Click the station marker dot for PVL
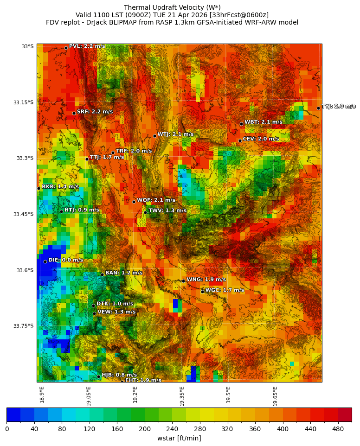(66, 48)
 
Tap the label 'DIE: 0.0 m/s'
(65, 260)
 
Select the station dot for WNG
(183, 281)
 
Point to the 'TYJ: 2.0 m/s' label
(339, 107)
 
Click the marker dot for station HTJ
(61, 211)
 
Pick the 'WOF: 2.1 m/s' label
(156, 200)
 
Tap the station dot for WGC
(202, 292)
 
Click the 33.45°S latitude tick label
(23, 214)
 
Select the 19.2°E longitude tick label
(135, 395)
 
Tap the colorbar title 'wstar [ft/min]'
(179, 438)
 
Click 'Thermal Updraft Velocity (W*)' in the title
(172, 7)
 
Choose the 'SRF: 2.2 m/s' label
(95, 112)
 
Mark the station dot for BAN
(102, 274)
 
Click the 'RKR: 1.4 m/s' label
(60, 186)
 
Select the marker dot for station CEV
(240, 140)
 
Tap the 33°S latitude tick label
(27, 46)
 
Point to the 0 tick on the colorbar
(7, 429)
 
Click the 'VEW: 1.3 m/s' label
(116, 312)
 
